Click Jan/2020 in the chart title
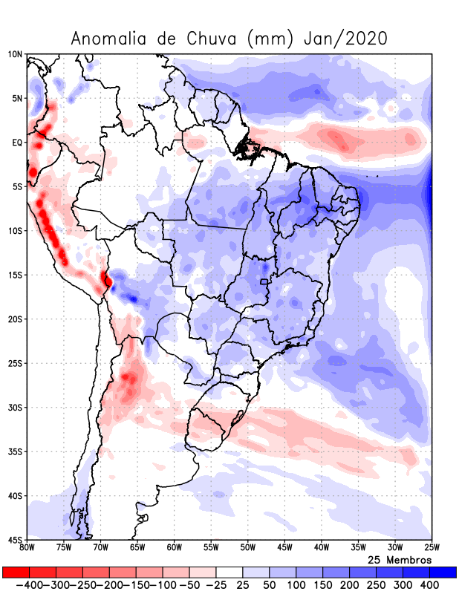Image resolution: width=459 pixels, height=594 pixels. pos(345,39)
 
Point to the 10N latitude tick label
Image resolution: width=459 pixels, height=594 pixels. pos(15,54)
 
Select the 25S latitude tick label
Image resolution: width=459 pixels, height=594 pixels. pos(15,363)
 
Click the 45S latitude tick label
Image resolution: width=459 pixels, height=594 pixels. pos(15,539)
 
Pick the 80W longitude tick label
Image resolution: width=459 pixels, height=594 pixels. pos(27,548)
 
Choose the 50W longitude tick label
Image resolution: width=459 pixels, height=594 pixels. pos(247,548)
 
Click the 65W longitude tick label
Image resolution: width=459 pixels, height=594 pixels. pos(137,548)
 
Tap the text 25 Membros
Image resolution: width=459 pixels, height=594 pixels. pos(400,559)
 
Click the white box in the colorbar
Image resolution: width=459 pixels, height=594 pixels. pos(229,572)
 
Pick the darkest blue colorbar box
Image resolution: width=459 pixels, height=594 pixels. pos(443,572)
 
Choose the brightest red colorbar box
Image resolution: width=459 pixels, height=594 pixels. pos(16,572)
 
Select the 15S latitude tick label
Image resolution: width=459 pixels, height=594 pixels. pos(15,275)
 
